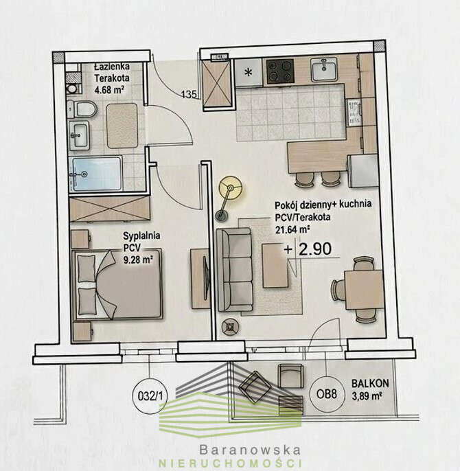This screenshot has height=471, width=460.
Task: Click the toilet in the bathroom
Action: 82,109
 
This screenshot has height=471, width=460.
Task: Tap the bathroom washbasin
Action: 79,135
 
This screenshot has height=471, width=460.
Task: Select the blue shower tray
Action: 95,174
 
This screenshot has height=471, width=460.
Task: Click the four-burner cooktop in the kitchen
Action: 280,71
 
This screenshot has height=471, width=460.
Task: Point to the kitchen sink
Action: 324,70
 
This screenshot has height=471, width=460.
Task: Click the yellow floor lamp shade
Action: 231,188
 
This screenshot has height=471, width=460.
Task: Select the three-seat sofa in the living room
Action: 234,269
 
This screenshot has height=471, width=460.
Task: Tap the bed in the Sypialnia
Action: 117,284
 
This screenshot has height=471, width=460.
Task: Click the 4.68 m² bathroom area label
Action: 109,89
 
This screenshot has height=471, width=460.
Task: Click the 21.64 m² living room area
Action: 292,230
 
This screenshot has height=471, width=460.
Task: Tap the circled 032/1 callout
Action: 150,396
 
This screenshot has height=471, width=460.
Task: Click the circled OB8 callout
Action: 326,394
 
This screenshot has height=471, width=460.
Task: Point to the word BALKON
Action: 370,384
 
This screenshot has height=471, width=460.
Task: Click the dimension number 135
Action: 189,95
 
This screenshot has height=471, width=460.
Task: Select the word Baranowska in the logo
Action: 250,450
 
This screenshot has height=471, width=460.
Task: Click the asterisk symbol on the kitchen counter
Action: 249,72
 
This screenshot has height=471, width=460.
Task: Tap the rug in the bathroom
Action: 122,126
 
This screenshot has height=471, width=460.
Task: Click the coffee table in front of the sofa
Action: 275,266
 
